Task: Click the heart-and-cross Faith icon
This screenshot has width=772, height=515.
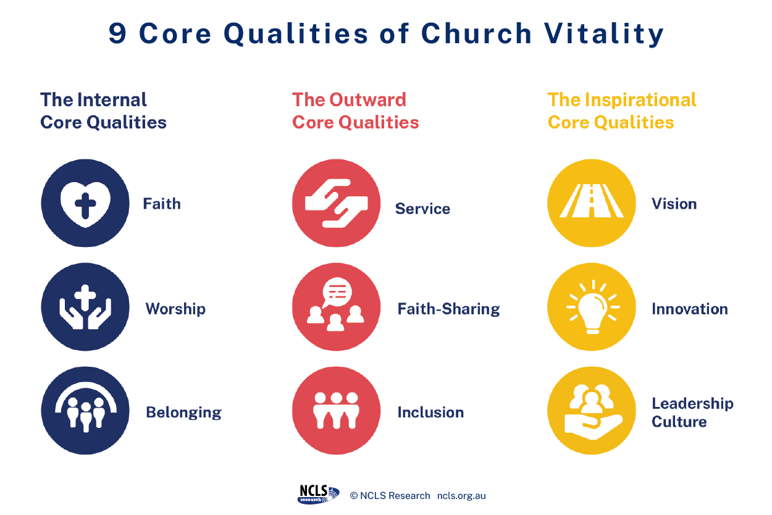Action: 85,203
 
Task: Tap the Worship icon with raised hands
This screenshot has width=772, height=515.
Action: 85,307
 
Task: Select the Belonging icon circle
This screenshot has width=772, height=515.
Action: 85,411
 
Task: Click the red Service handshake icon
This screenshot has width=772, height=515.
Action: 337,203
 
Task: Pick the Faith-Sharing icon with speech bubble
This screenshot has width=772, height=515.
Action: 337,307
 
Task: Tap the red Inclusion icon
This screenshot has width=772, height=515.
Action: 337,411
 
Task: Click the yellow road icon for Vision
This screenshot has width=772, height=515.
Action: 592,203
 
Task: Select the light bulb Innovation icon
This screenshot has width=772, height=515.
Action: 592,307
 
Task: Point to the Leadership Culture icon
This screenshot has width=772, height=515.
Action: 592,411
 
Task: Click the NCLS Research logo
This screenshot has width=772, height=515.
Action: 318,495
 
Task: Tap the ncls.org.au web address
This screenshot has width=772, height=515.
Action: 461,496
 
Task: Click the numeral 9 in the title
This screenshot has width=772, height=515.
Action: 117,34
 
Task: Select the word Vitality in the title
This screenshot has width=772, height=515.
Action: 604,34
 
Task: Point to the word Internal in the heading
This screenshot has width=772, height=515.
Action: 112,100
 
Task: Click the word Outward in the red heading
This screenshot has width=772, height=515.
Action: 367,100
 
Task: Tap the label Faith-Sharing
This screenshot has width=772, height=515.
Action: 449,309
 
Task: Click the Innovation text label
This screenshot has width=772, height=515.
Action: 690,309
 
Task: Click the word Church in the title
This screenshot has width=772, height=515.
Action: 476,34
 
